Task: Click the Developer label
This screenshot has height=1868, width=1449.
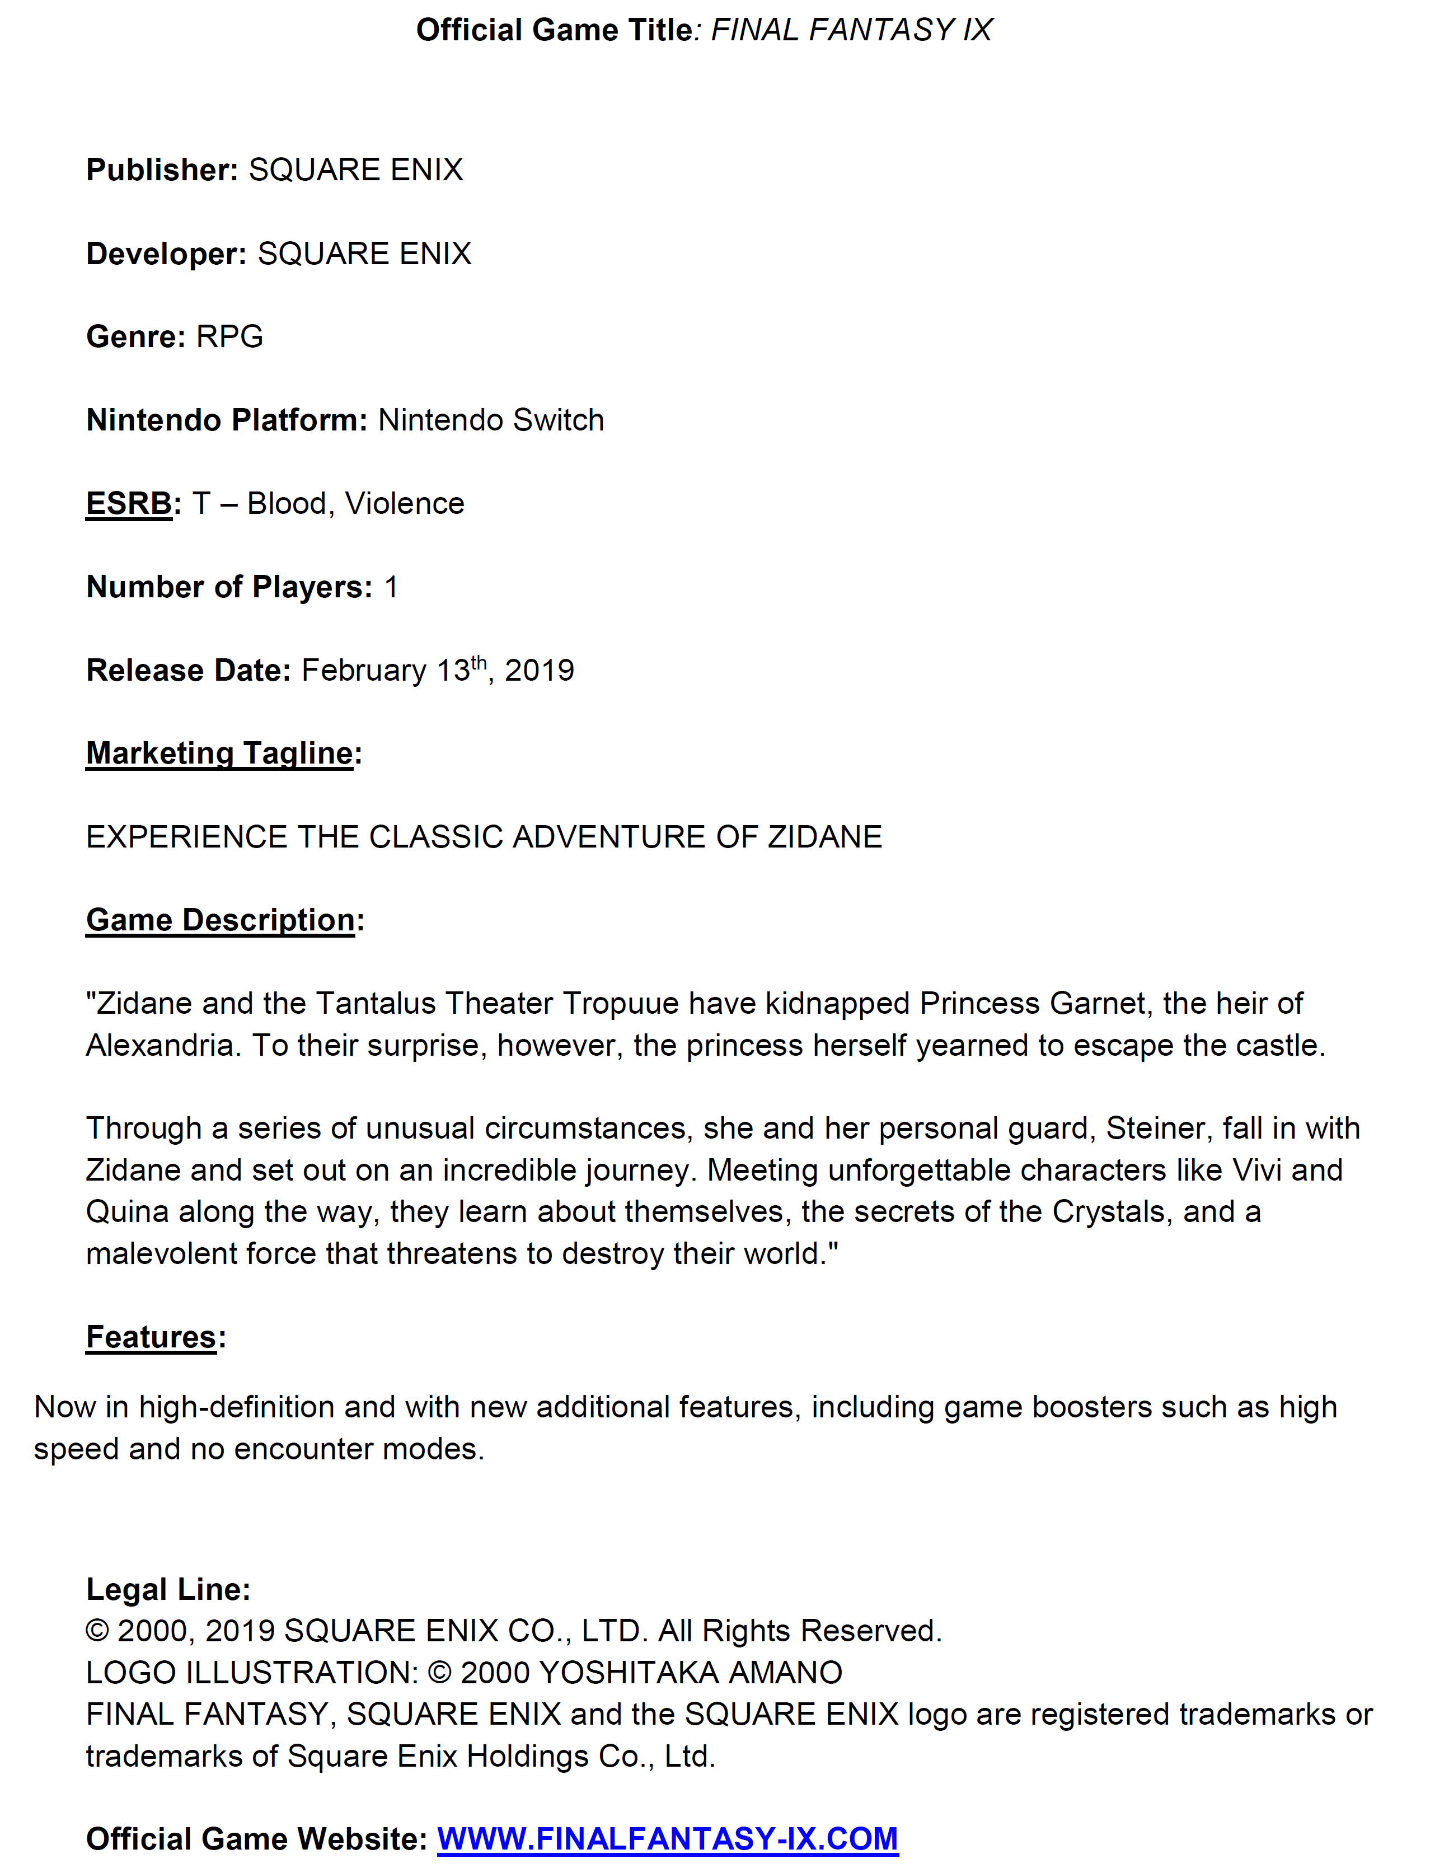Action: (166, 254)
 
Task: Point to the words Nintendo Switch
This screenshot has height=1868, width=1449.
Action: (491, 420)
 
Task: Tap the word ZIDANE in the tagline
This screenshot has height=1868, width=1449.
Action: (824, 836)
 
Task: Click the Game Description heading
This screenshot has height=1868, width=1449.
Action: (221, 920)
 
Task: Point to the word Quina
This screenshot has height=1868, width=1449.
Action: (126, 1212)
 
